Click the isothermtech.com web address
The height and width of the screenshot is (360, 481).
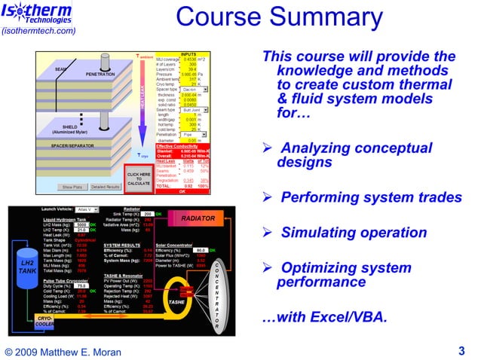point(38,31)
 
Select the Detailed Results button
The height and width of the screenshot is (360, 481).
point(106,187)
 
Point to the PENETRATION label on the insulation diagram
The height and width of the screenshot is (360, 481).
point(100,75)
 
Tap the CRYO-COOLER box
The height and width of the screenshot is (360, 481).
point(44,322)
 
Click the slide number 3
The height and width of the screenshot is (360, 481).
point(461,349)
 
